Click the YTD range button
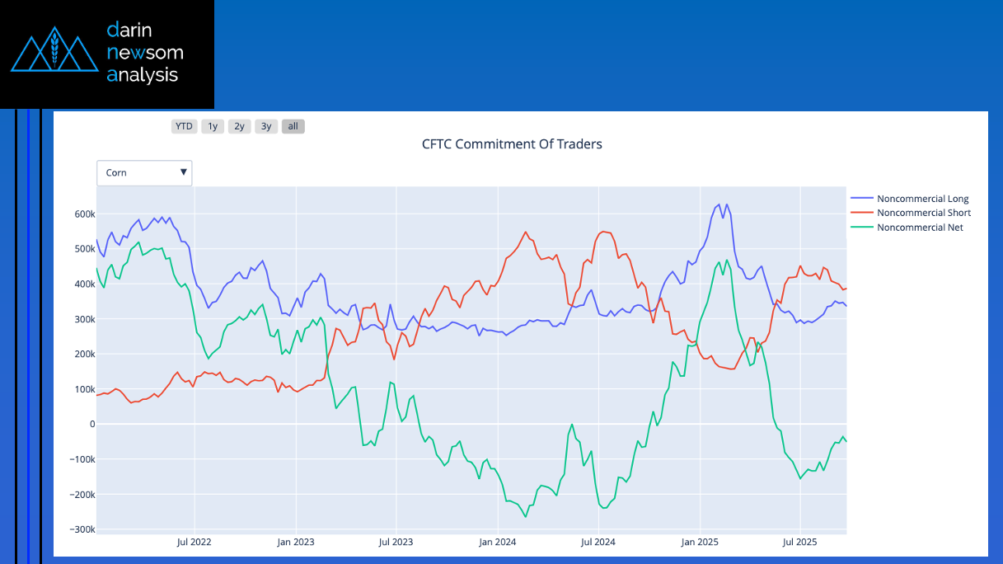point(184,126)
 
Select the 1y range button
point(213,126)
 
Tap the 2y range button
point(239,126)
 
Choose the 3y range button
point(265,126)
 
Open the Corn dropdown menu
point(144,173)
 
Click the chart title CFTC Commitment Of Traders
point(512,144)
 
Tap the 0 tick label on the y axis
point(91,424)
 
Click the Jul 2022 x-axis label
point(195,542)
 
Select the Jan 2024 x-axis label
point(497,542)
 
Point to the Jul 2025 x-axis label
point(799,542)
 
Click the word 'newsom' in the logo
point(145,53)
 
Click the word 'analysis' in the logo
point(142,75)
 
